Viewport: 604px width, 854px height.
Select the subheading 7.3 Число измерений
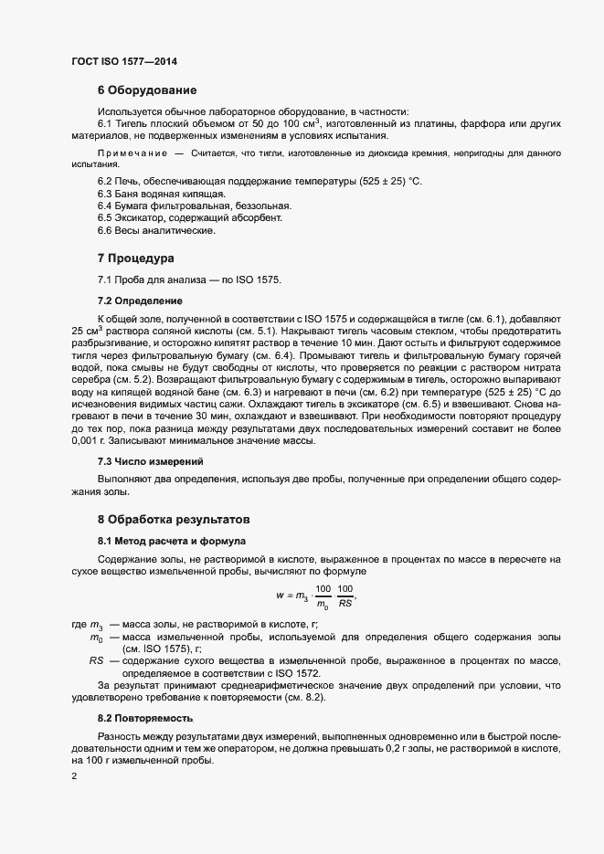[151, 460]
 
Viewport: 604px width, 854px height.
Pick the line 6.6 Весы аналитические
[156, 230]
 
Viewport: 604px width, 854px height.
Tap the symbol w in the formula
[280, 595]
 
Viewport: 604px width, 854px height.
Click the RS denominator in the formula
[345, 603]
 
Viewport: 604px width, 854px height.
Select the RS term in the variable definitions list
[96, 659]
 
